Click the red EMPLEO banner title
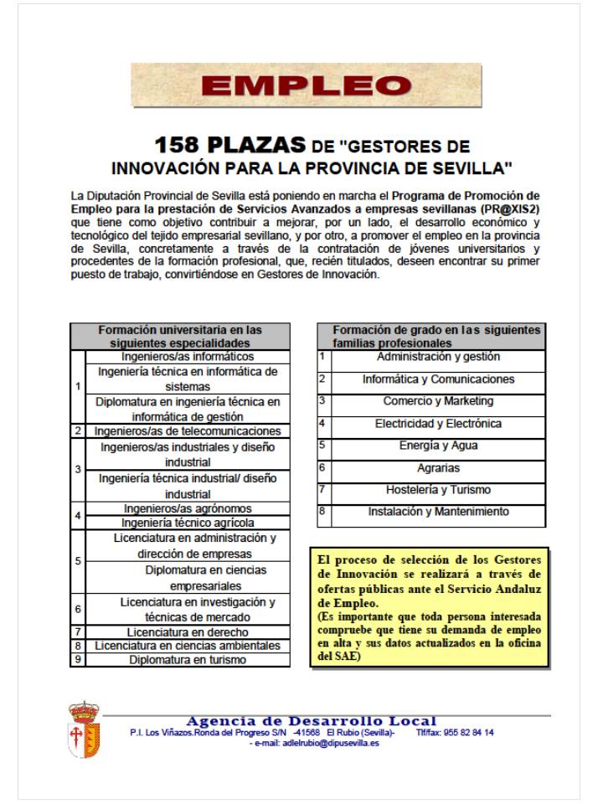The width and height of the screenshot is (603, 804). pyautogui.click(x=306, y=85)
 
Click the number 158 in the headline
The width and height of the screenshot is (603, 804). pyautogui.click(x=185, y=146)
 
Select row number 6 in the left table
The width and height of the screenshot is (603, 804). pyautogui.click(x=78, y=610)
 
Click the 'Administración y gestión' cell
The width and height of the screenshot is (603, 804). pyautogui.click(x=438, y=357)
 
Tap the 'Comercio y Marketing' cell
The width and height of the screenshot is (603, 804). pyautogui.click(x=438, y=401)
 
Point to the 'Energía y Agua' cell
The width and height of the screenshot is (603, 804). pyautogui.click(x=438, y=446)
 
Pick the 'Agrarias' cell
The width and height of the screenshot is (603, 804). pyautogui.click(x=438, y=468)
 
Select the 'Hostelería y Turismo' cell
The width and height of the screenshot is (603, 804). pyautogui.click(x=438, y=490)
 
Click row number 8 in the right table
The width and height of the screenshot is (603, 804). pyautogui.click(x=322, y=509)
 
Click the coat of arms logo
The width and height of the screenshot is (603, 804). pyautogui.click(x=85, y=730)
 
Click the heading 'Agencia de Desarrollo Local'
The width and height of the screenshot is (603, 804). pyautogui.click(x=311, y=721)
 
